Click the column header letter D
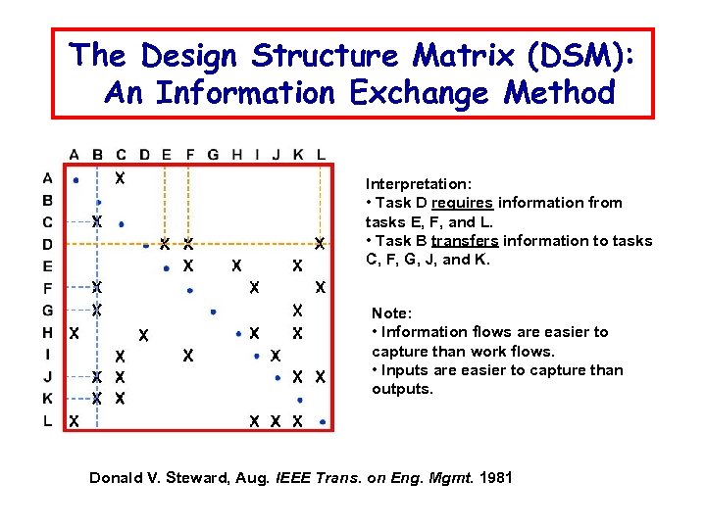point(144,154)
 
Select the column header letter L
point(322,154)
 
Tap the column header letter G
point(214,154)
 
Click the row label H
point(47,333)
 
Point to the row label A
point(47,178)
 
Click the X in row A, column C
point(120,179)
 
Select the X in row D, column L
point(320,243)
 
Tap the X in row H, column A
point(75,333)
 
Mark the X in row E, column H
point(235,265)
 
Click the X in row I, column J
point(276,355)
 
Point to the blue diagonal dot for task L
point(323,423)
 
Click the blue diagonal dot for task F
point(189,290)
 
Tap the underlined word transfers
point(463,241)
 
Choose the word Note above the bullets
point(391,313)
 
